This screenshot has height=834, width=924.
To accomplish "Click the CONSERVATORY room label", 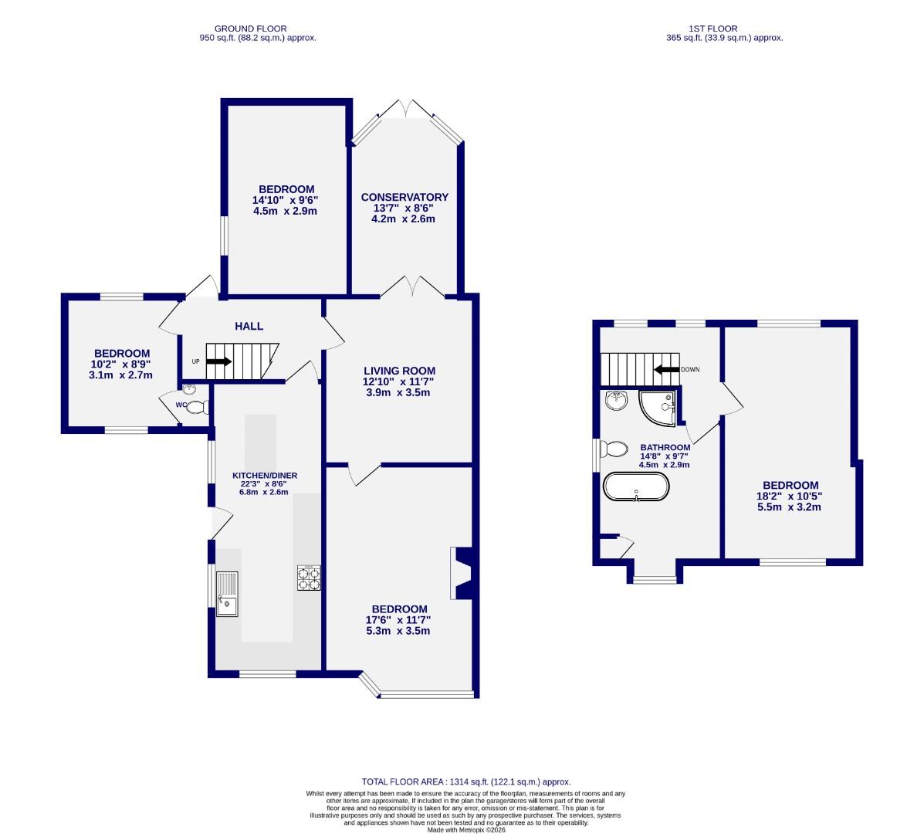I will (404, 197).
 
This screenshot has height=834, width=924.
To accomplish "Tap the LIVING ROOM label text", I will (399, 371).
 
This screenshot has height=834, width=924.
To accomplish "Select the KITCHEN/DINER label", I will (265, 476).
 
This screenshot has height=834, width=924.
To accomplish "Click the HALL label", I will (249, 327).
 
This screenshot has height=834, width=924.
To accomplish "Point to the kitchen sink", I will (228, 593).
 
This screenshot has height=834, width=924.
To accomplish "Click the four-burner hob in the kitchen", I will (309, 578).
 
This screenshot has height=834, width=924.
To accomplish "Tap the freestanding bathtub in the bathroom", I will (636, 488).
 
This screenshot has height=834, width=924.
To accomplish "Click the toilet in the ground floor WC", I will (198, 408).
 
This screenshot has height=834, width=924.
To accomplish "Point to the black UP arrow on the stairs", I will (219, 361).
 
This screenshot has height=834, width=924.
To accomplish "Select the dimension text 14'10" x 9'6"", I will (285, 200).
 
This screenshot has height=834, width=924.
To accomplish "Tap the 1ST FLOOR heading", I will (724, 28).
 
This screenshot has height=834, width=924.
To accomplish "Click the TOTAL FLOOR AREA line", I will (466, 781).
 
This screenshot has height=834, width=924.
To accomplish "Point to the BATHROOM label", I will (665, 448).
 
